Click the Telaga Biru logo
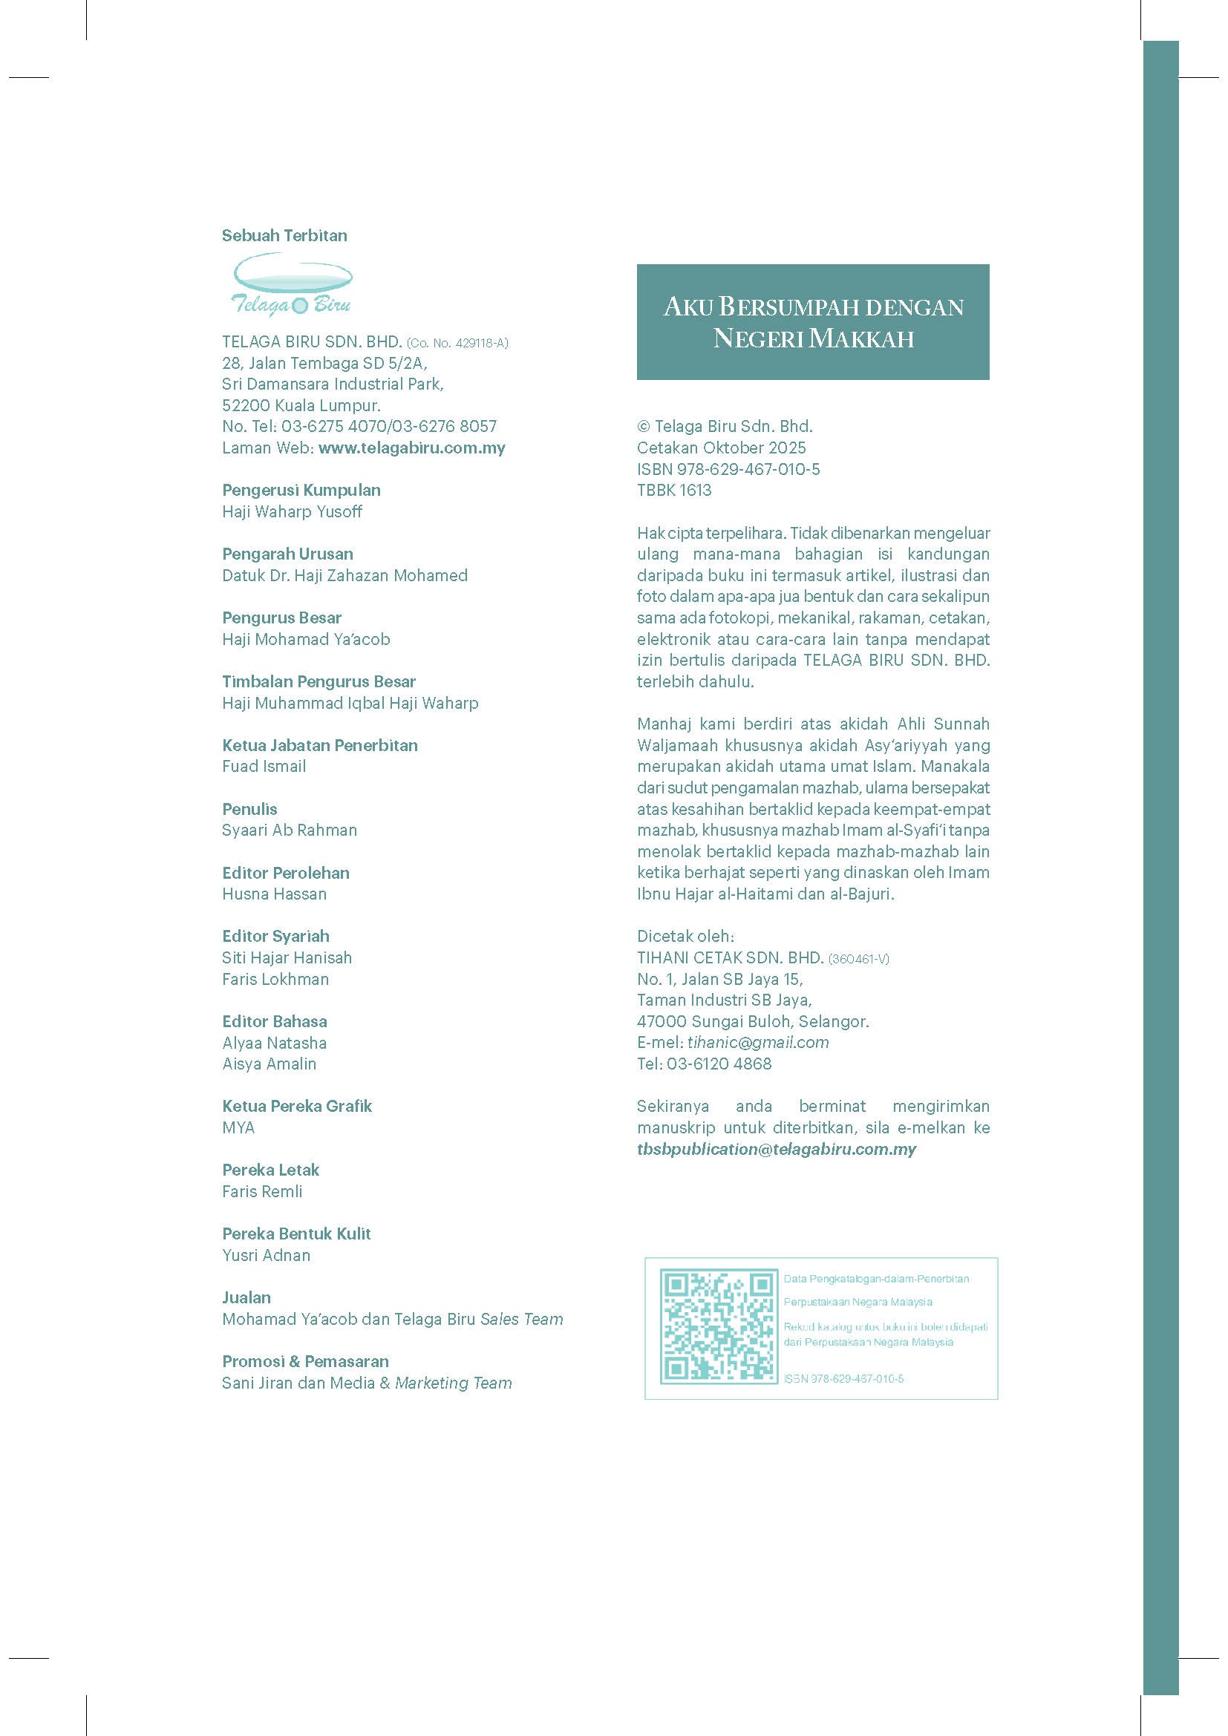[x=291, y=284]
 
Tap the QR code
[x=719, y=1326]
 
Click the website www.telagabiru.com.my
[x=411, y=448]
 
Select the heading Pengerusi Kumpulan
[x=301, y=490]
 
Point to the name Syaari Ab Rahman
[x=289, y=830]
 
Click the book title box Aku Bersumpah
[x=813, y=321]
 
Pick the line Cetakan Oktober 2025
[x=721, y=448]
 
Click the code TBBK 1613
[x=673, y=490]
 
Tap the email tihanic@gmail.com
[x=758, y=1042]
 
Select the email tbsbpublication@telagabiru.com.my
[x=776, y=1148]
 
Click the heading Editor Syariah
[x=275, y=936]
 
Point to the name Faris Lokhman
[x=275, y=979]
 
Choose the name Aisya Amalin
[x=270, y=1064]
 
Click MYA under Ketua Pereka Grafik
[x=238, y=1127]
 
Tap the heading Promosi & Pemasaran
[x=305, y=1361]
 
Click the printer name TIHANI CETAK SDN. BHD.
[x=730, y=957]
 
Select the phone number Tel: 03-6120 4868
[x=704, y=1064]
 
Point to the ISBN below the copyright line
[x=728, y=469]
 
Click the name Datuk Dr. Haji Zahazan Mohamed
[x=344, y=575]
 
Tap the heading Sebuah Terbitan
[x=284, y=235]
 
